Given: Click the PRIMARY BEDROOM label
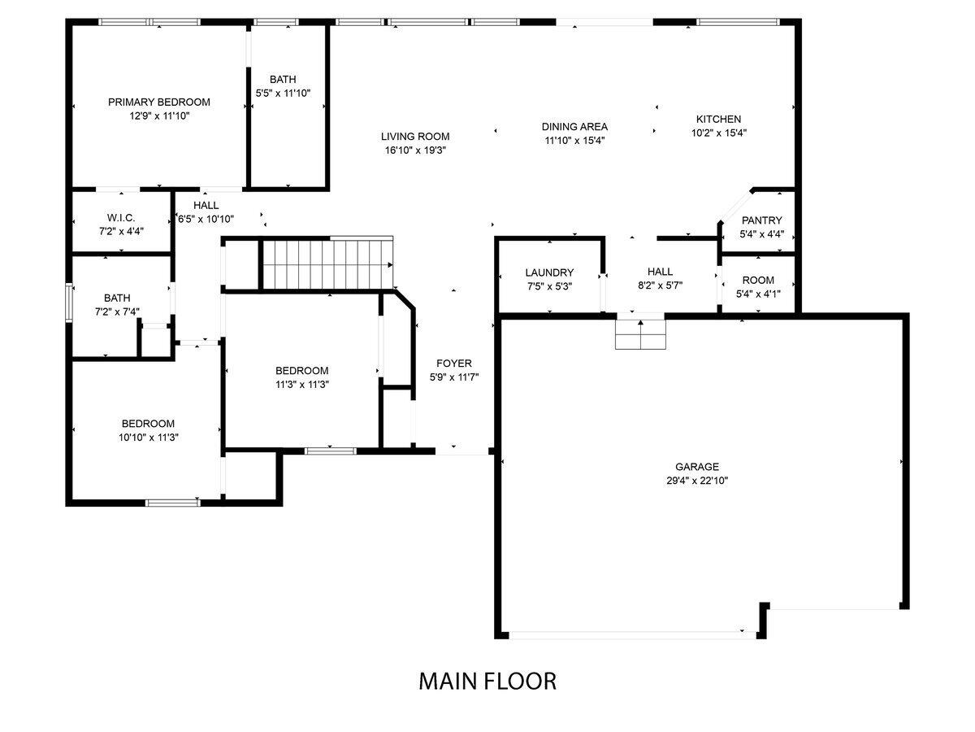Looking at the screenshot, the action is pyautogui.click(x=159, y=102).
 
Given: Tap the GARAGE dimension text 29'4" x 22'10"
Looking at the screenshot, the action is pyautogui.click(x=697, y=481).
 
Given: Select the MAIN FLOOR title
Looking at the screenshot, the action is pyautogui.click(x=487, y=682).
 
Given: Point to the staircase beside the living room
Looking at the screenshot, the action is pyautogui.click(x=327, y=264).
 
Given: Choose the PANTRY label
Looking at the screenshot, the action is pyautogui.click(x=761, y=220).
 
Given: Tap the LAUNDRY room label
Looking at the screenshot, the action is pyautogui.click(x=549, y=272).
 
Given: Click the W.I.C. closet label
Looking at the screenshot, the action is pyautogui.click(x=121, y=218).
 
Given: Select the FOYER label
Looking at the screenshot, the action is pyautogui.click(x=454, y=363).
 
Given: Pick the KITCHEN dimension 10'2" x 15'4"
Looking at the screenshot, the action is pyautogui.click(x=719, y=133).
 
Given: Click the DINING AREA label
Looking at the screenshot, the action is pyautogui.click(x=574, y=127).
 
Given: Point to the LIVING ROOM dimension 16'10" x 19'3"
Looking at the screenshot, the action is pyautogui.click(x=415, y=150).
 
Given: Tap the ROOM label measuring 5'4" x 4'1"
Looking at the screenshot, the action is pyautogui.click(x=758, y=281).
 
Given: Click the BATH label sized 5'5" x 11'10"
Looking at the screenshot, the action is pyautogui.click(x=283, y=80).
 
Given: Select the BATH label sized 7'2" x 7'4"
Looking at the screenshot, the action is pyautogui.click(x=117, y=298).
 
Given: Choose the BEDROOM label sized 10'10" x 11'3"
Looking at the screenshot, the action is pyautogui.click(x=148, y=424).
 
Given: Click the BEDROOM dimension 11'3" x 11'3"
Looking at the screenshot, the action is pyautogui.click(x=302, y=385).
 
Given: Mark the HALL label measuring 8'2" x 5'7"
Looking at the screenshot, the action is pyautogui.click(x=660, y=272).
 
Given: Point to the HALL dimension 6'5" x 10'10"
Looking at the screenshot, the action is pyautogui.click(x=206, y=219).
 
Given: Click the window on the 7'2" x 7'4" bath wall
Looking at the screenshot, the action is pyautogui.click(x=69, y=303).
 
